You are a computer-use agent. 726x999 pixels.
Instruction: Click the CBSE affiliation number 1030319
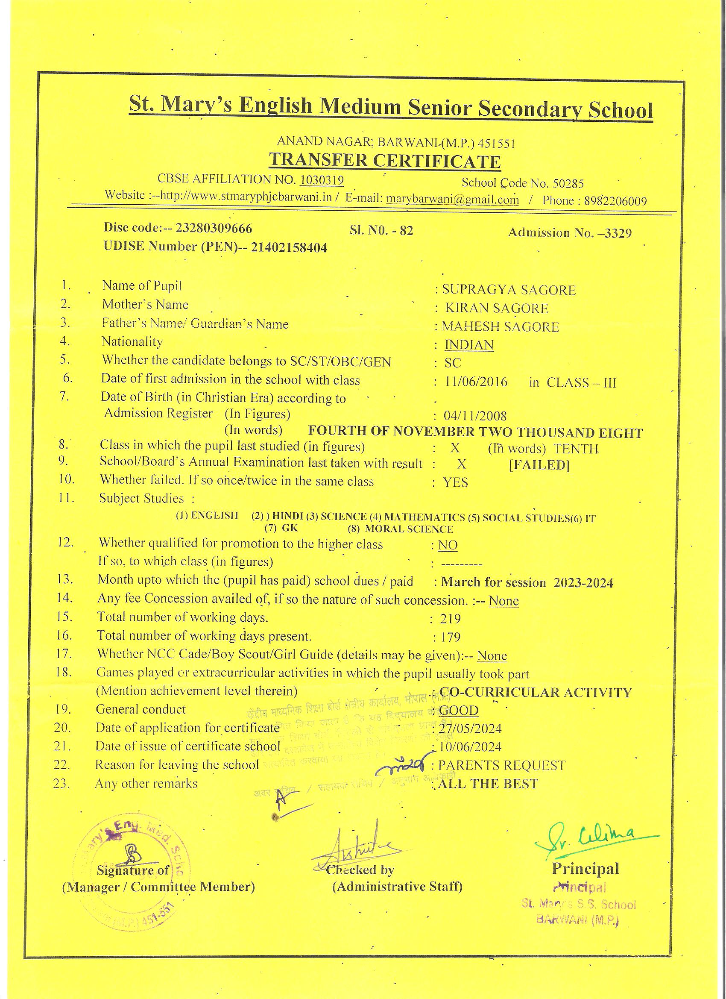(322, 180)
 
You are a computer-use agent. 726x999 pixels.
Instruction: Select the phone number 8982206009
(615, 201)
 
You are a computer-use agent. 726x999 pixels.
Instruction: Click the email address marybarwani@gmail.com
(453, 200)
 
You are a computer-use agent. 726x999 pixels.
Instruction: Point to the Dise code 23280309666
(214, 228)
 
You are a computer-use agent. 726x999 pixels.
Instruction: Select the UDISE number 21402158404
(289, 247)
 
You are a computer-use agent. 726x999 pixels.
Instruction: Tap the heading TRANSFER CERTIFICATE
(384, 160)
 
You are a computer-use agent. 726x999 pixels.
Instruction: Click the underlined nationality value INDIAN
(469, 344)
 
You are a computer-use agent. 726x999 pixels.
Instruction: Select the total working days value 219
(451, 619)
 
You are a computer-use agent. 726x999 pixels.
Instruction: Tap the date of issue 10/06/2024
(470, 746)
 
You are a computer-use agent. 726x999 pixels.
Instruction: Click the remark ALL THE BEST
(488, 784)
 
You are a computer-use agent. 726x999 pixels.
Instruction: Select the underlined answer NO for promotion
(448, 545)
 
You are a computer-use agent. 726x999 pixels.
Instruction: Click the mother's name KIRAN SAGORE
(497, 309)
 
